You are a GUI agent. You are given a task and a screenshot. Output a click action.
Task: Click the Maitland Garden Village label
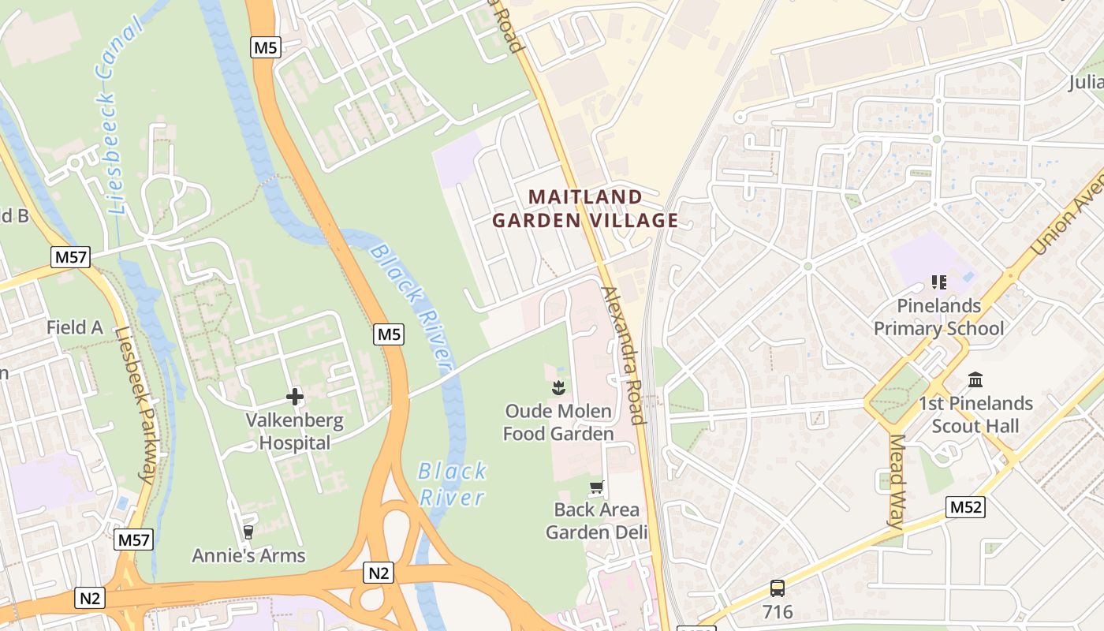coord(585,208)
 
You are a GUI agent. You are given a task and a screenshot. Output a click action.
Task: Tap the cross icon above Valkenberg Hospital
coord(295,397)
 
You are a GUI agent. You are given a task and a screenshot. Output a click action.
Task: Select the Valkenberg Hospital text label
coord(295,431)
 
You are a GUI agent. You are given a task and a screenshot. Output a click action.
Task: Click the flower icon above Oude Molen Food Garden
coord(558,387)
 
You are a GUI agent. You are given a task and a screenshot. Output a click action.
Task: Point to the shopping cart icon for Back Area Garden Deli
coord(597,487)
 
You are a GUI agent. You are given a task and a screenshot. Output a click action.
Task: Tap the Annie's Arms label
coord(248,555)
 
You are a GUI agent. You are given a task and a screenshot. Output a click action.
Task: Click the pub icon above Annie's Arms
coord(248,532)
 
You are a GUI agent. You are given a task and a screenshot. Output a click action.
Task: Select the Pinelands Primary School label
coord(938,317)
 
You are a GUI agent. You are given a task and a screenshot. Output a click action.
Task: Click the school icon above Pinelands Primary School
coord(938,282)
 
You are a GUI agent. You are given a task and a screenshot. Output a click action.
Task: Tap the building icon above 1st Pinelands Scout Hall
coord(975,380)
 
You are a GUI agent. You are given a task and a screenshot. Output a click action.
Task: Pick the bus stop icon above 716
coord(778,588)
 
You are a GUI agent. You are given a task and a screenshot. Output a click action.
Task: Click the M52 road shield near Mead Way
coord(966,507)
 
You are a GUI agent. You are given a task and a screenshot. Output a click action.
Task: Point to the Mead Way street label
coord(897,480)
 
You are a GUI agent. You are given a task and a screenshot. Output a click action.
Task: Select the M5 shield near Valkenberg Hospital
coord(389,334)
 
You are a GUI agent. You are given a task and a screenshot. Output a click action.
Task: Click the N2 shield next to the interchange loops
coord(378,573)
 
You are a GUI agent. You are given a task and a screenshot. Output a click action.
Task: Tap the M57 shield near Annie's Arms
coord(133,540)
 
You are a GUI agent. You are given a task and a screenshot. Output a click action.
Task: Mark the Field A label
coord(75,327)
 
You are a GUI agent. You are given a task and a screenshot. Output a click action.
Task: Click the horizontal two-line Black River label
coord(452,484)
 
